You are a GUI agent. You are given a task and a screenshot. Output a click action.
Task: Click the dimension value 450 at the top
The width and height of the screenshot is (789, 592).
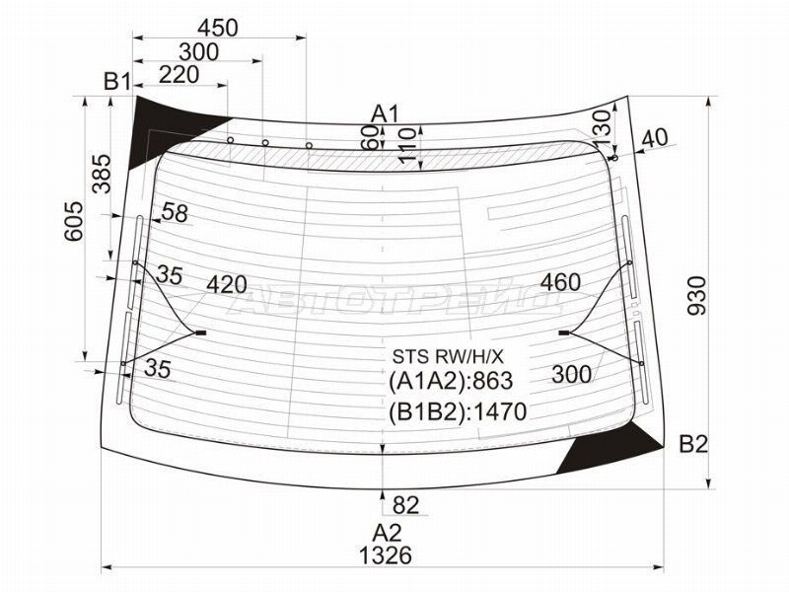[x=217, y=27]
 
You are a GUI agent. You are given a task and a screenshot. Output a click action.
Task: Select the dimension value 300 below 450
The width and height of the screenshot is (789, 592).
[x=199, y=51]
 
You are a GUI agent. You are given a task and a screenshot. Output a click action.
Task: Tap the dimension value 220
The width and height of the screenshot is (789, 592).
[x=179, y=74]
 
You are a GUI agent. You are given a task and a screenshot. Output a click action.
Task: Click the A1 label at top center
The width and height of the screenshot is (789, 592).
[x=384, y=111]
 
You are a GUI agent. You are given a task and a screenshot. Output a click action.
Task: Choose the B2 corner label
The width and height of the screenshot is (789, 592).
[x=693, y=444]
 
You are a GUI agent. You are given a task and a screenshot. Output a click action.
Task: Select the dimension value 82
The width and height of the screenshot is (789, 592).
[x=405, y=505]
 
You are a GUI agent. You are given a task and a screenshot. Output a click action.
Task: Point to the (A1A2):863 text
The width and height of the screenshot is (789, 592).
[x=451, y=383]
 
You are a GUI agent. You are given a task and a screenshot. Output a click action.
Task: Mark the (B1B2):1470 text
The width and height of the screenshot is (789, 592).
[x=458, y=410]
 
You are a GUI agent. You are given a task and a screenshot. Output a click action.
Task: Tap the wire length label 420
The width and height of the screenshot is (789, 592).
[x=227, y=286]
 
